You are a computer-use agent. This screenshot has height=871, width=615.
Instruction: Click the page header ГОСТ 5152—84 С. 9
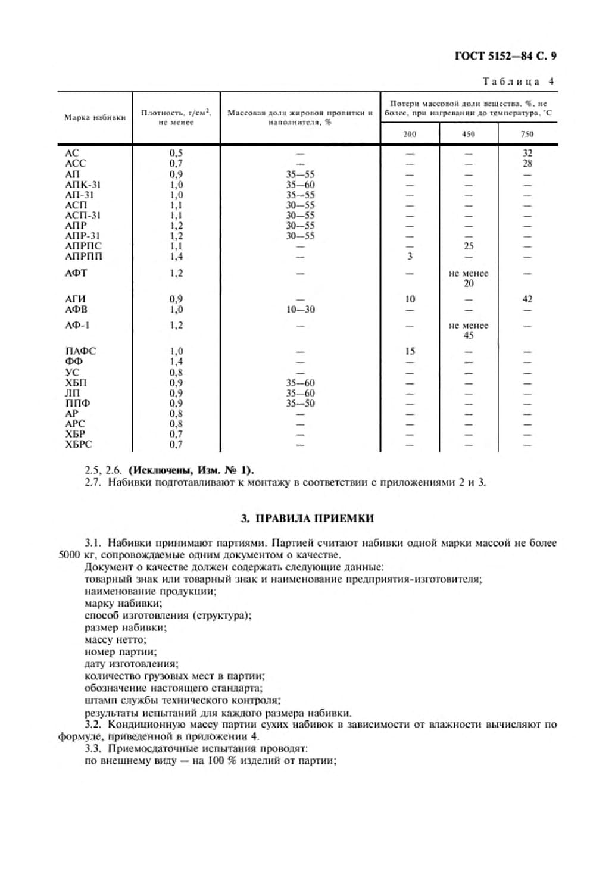tap(505, 57)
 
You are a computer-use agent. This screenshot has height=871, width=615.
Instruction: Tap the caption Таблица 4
tap(517, 82)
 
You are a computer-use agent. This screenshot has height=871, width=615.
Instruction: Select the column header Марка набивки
tap(95, 117)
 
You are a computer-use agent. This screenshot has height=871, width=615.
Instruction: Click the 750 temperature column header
tap(527, 134)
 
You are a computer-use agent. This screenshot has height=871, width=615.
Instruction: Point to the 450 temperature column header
tap(469, 134)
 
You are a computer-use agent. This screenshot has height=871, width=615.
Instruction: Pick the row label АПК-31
tap(83, 185)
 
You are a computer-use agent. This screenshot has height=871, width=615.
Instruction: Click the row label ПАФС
tap(80, 351)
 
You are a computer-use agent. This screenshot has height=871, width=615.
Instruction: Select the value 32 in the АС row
tap(527, 153)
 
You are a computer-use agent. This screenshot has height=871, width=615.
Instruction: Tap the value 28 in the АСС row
tap(527, 163)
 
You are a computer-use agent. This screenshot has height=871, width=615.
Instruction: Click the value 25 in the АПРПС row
tap(469, 246)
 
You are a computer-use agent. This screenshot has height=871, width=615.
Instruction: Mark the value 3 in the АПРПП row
tap(410, 257)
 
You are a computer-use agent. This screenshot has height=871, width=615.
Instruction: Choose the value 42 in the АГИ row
tap(527, 299)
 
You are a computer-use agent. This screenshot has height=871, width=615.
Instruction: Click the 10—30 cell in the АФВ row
tap(300, 310)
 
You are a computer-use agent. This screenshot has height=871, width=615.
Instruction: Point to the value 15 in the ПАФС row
tap(410, 351)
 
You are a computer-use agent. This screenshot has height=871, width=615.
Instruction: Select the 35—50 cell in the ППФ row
tap(300, 404)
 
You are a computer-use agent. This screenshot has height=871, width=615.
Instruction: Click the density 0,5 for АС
tap(176, 153)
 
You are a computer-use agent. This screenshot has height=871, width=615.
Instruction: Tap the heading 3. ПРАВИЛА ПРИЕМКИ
tap(307, 518)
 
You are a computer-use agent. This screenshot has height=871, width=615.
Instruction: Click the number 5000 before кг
tap(69, 555)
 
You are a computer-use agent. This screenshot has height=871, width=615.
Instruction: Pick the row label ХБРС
tap(79, 444)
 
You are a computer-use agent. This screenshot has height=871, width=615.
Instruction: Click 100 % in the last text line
tap(223, 761)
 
